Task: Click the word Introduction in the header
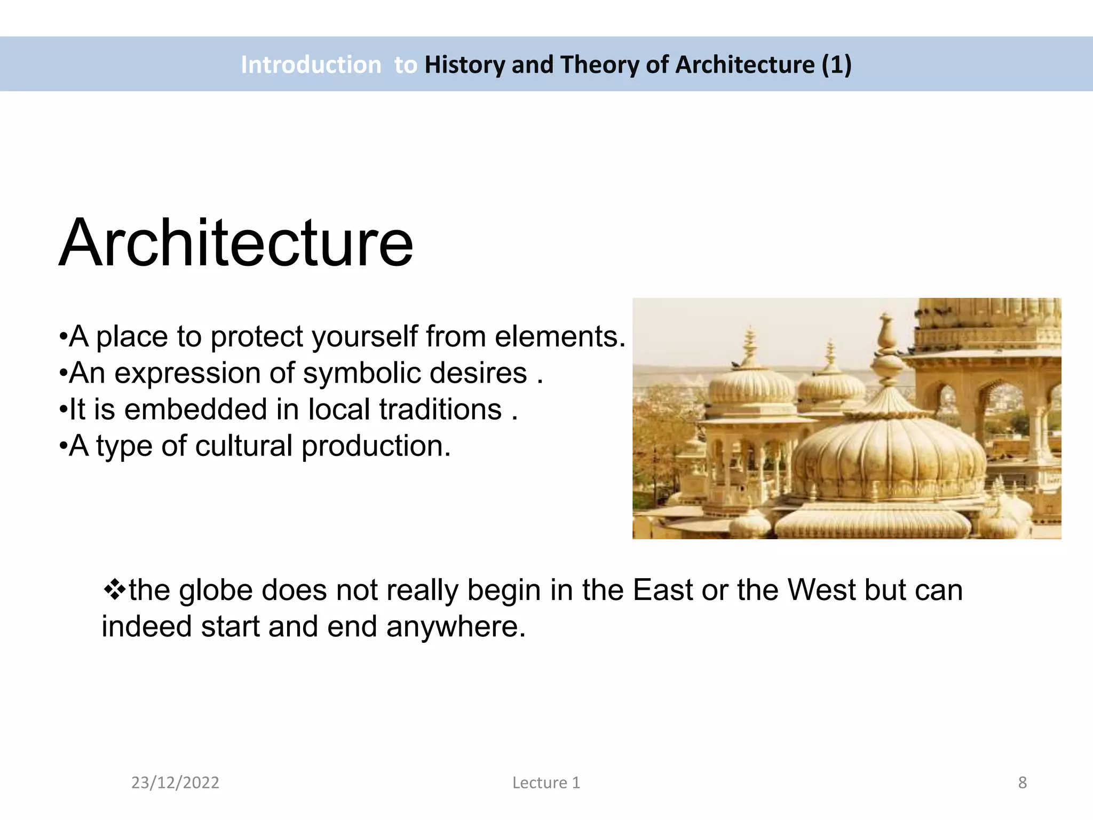pos(311,65)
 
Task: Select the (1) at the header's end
pos(836,65)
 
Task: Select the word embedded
pos(195,409)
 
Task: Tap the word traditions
pos(441,409)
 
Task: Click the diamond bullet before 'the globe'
pos(114,590)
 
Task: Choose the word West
pos(822,590)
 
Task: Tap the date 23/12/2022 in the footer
pos(175,783)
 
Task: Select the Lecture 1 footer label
pos(546,783)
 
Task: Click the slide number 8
pos(1022,783)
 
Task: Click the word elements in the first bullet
pos(559,337)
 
